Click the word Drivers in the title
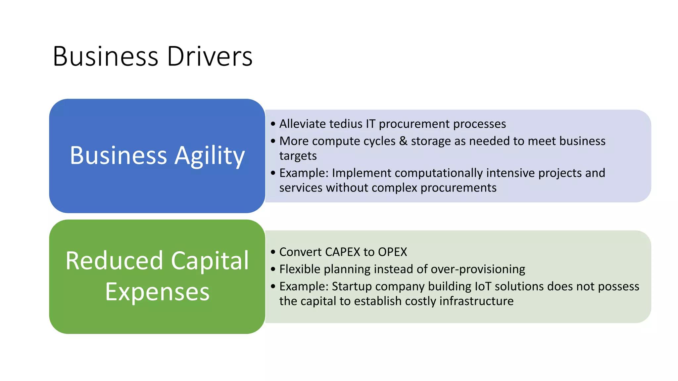pos(210,56)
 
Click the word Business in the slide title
pos(106,56)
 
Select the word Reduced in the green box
pos(114,261)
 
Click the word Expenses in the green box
pos(157,292)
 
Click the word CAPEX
pos(343,252)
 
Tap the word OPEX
pos(392,252)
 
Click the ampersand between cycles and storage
pos(403,141)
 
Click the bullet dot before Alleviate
pos(273,124)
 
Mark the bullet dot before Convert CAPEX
pos(273,252)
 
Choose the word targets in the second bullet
pos(298,156)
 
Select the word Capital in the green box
pos(210,261)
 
